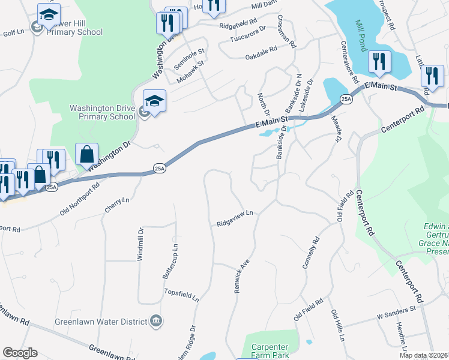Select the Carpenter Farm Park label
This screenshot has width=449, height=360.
tap(270, 351)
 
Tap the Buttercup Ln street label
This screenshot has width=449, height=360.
tap(170, 260)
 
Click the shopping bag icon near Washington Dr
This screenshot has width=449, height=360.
tap(87, 154)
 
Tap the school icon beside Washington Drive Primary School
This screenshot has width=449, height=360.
tap(154, 100)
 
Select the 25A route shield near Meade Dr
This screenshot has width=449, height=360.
tap(345, 98)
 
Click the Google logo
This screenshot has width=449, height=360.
tap(20, 353)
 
